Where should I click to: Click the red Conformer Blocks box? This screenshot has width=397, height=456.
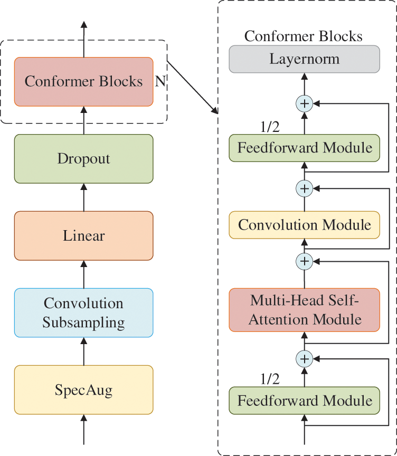[84, 82]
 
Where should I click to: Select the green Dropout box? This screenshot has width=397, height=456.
[84, 159]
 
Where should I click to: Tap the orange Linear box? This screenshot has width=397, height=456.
[84, 236]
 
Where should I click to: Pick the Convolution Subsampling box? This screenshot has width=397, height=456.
[84, 313]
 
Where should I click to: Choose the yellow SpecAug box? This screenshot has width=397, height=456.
[84, 390]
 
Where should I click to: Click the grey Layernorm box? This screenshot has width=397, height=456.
[305, 59]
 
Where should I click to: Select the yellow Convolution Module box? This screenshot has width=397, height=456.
[305, 225]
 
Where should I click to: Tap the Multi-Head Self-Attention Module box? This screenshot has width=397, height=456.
[305, 310]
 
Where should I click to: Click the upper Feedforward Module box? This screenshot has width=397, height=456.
[305, 148]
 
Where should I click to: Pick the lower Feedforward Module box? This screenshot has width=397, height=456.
[305, 401]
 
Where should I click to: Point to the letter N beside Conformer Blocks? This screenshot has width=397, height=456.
[160, 81]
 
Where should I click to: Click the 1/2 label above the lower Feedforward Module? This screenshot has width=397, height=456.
[270, 379]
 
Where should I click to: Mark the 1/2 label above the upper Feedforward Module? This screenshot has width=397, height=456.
[270, 127]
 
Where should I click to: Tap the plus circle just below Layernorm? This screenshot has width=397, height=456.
[305, 103]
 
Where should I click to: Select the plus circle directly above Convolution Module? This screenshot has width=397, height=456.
[305, 188]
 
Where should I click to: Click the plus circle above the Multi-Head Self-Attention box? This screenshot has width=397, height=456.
[305, 261]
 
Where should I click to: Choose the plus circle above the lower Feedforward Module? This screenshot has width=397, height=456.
[305, 358]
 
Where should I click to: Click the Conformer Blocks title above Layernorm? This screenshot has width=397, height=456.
[304, 36]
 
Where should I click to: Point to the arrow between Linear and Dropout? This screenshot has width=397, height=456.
[84, 197]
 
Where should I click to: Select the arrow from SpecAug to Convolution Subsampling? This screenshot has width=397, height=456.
[84, 351]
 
